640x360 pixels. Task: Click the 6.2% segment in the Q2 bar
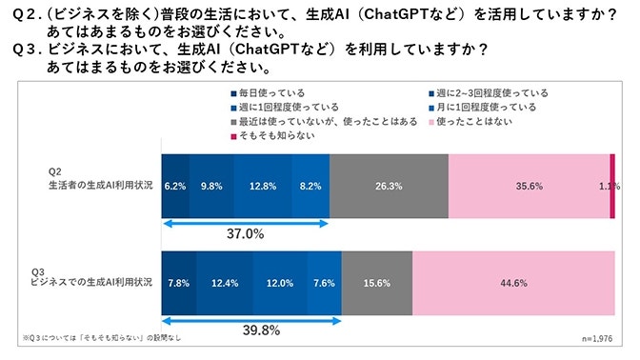coord(174,187)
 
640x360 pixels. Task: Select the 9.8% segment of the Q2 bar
coord(210,187)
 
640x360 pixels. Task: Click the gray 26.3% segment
coord(389,187)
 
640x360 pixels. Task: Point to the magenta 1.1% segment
coord(612,187)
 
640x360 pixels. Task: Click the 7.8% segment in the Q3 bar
coord(177,284)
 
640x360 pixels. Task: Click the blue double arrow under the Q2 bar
coord(245,222)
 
